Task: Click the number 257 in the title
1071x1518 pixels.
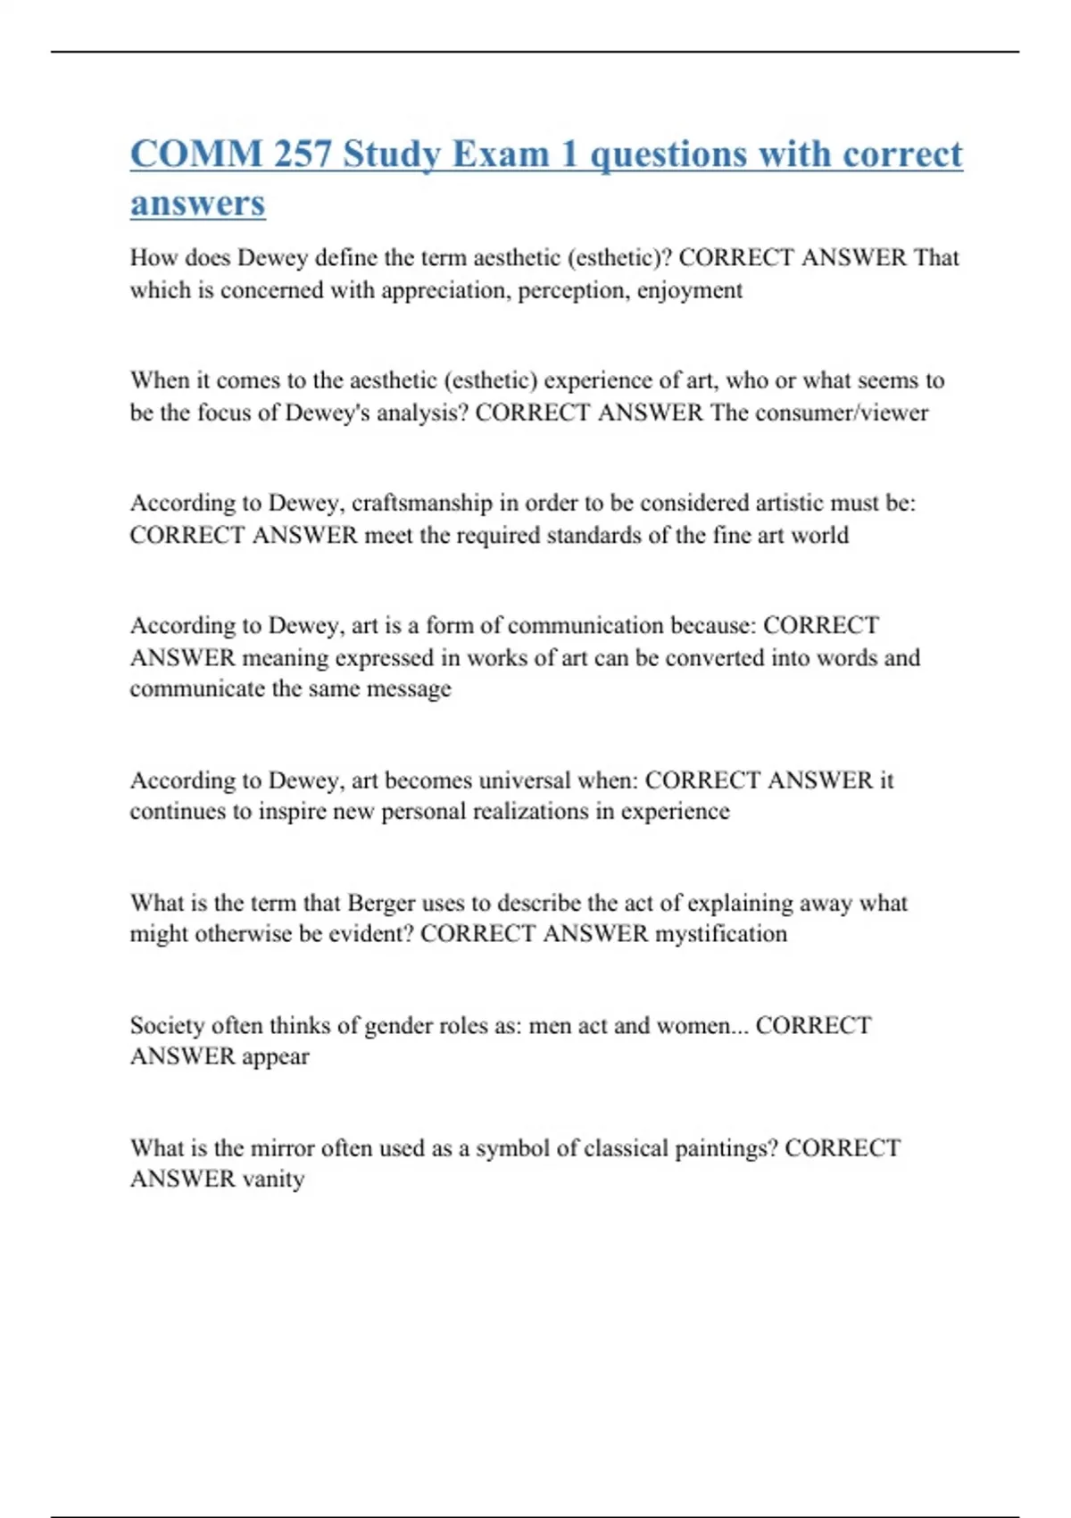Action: pos(303,154)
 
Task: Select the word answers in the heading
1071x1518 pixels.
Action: pos(197,203)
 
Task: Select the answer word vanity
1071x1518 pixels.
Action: pos(273,1179)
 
